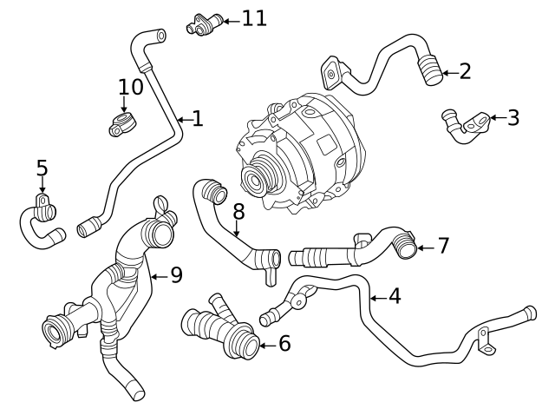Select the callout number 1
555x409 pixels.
[x=197, y=118]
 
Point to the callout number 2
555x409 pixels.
[x=465, y=70]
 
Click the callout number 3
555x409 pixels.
[x=513, y=117]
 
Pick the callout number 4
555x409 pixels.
[x=394, y=296]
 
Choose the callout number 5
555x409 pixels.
[x=42, y=165]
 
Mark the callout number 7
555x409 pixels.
[x=442, y=247]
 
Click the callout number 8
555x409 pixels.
[x=238, y=210]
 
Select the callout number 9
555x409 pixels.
[x=175, y=275]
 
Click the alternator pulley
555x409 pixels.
[x=258, y=181]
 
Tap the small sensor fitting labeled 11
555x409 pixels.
[x=204, y=24]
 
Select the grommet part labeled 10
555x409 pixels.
[x=121, y=123]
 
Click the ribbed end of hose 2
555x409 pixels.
[x=428, y=69]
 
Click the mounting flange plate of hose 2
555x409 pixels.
[x=332, y=71]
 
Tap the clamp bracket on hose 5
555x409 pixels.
[x=42, y=206]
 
